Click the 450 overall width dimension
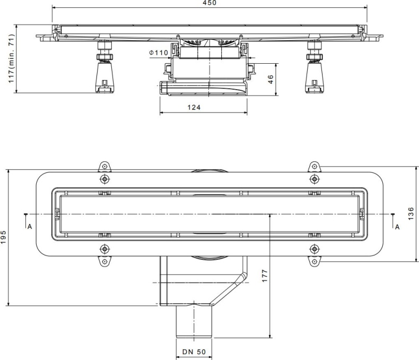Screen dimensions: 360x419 click(210, 3)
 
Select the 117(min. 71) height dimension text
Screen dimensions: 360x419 click(11, 58)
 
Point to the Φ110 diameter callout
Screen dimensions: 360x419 click(158, 53)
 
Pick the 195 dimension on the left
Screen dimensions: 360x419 click(4, 237)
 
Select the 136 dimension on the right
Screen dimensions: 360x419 click(411, 213)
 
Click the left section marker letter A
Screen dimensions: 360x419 click(30, 226)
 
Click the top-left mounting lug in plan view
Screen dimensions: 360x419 click(105, 167)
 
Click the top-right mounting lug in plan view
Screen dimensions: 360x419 click(315, 167)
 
